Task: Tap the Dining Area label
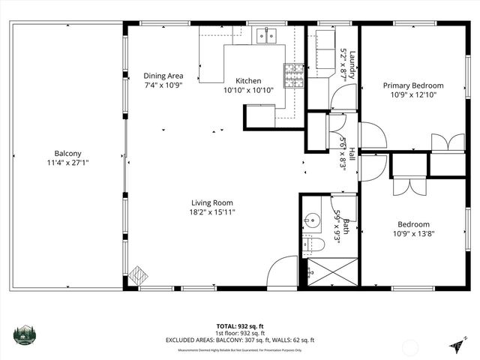pos(163,76)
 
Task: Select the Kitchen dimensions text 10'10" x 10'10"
pos(248,90)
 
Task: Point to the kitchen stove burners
pos(293,73)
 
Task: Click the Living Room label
pos(212,202)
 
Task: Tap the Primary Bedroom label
pos(413,85)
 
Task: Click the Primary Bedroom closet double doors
pos(448,142)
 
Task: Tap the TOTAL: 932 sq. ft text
pos(239,326)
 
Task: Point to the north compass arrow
pos(455,343)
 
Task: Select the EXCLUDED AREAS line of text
pos(239,340)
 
